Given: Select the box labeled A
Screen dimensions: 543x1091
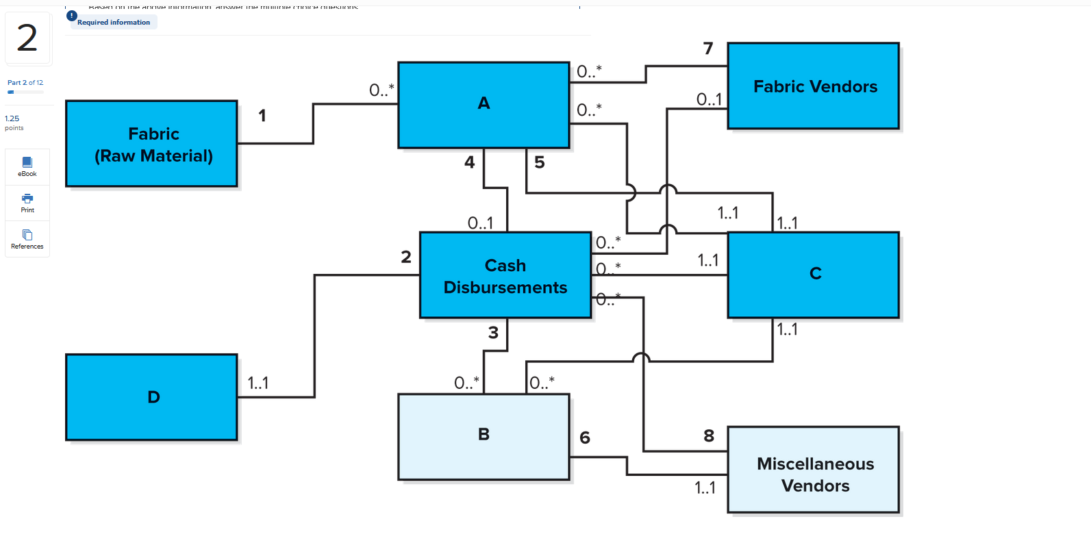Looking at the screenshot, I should pos(484,105).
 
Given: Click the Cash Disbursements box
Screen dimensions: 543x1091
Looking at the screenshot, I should pos(505,275).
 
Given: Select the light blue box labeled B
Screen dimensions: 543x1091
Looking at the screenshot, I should pos(484,436).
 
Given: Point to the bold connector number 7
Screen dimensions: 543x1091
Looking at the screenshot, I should pos(708,49).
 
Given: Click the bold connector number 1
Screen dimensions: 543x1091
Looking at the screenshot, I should pos(262,116).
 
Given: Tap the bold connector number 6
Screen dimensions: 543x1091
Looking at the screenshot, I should pos(585,438).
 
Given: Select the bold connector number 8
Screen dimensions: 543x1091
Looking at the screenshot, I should pos(709,435).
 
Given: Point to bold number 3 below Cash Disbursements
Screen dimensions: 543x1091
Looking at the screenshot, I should pos(493,333).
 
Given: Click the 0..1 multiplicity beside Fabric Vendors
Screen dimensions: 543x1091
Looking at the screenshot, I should pos(709,100).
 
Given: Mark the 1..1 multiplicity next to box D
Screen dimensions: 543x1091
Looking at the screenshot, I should pos(258,383).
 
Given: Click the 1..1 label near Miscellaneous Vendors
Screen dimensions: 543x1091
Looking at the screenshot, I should pos(705,488).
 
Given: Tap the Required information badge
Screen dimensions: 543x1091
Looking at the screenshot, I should pos(112,22).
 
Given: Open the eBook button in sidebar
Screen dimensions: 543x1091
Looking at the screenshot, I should pos(27,166).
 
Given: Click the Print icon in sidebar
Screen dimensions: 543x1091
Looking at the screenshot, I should pos(27,203).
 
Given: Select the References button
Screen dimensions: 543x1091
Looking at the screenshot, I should pos(27,239).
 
